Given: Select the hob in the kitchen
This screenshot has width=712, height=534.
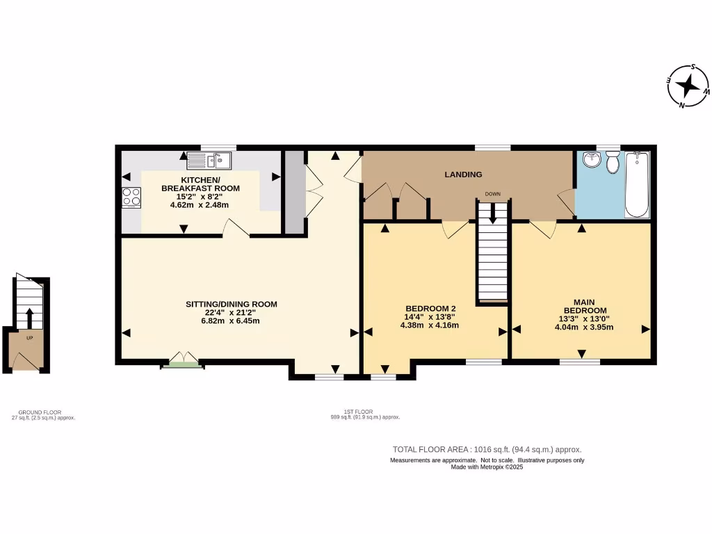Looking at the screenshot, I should coord(130,197).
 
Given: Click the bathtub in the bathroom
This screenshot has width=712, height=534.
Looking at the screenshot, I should coord(637,184).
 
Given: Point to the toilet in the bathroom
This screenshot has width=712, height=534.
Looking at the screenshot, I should coord(613,163).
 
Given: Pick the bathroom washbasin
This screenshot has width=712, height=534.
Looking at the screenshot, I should coord(590,160).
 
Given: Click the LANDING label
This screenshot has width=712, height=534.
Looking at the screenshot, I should coord(463,175).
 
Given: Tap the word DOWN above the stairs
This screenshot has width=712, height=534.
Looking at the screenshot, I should coord(493,194).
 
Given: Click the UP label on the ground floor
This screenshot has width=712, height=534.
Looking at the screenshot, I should coord(29,337).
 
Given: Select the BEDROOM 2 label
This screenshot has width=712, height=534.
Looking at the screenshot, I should coord(431,308).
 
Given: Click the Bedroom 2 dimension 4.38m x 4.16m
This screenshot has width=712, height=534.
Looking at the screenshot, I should coord(431,325).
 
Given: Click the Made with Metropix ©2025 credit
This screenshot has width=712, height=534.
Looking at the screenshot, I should coord(487,467).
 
